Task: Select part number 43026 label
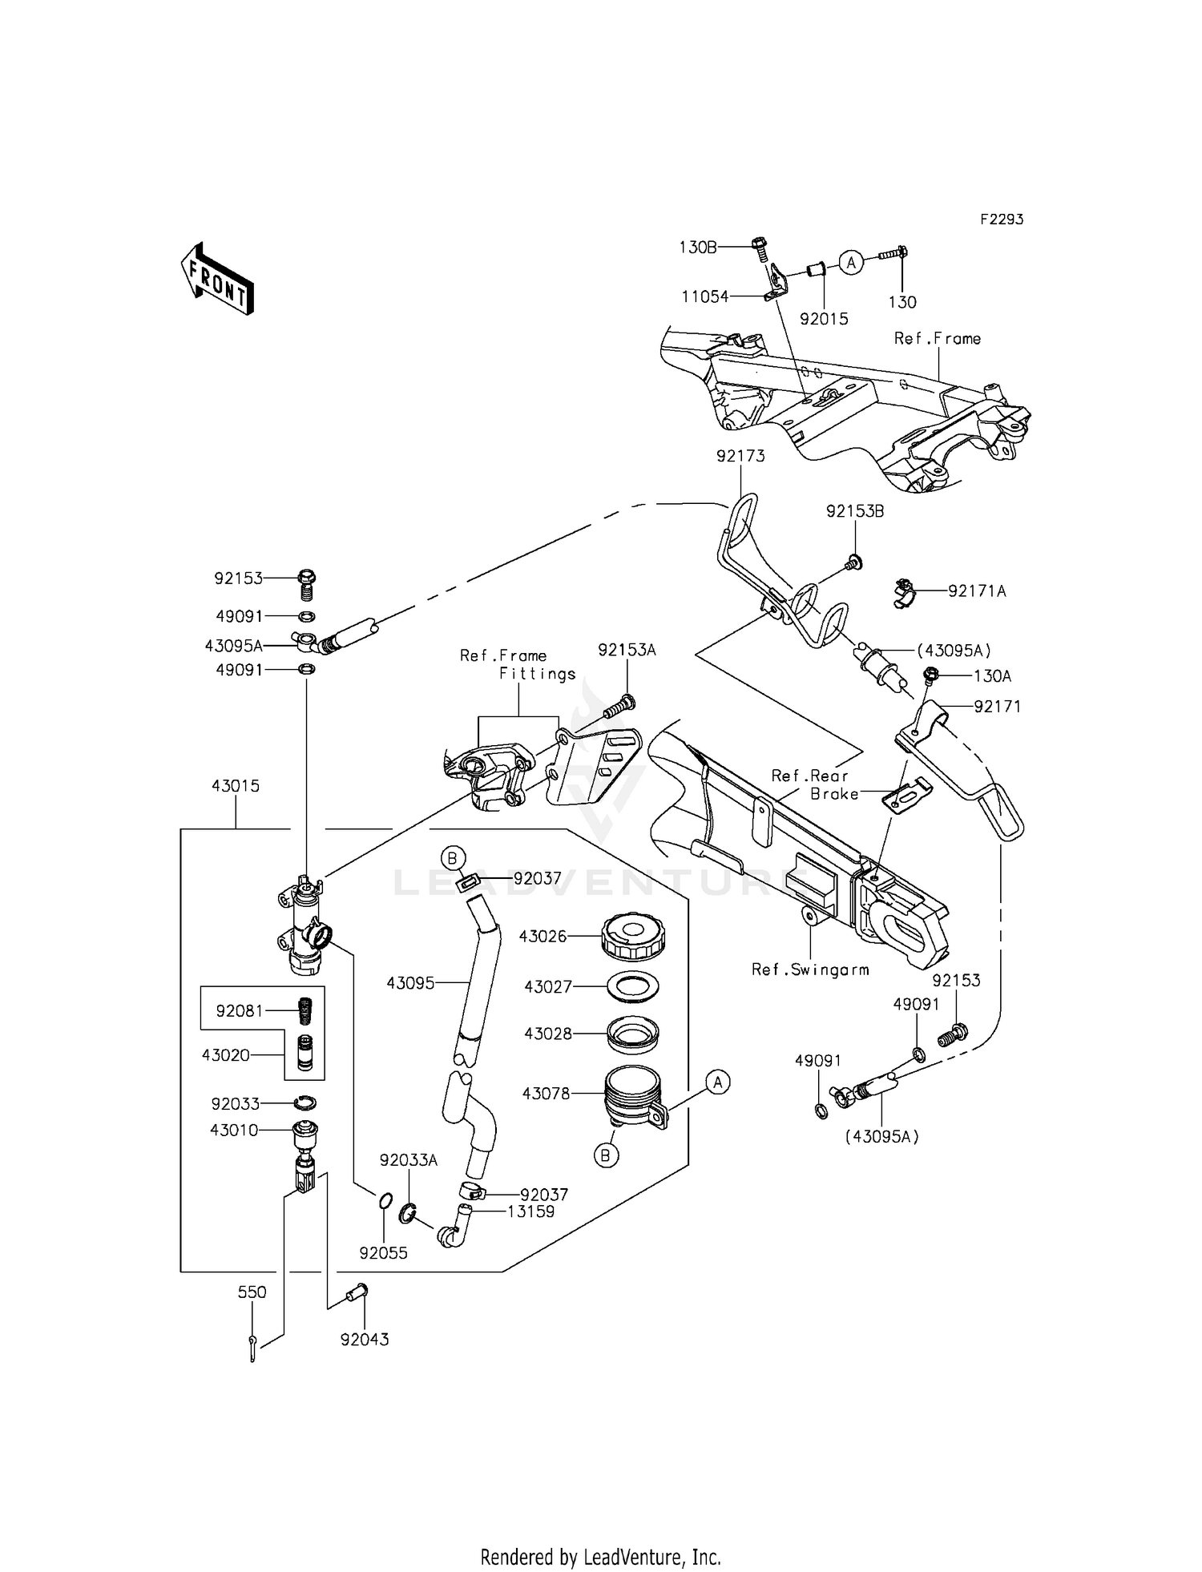(x=543, y=936)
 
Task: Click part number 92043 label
(x=365, y=1340)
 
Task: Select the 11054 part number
(x=705, y=296)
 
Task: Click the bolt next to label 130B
(x=760, y=249)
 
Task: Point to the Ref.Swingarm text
(x=810, y=969)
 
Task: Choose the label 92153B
(x=855, y=511)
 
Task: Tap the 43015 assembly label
(x=236, y=786)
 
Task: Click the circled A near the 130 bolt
(x=852, y=262)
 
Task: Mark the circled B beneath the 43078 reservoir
(x=607, y=1155)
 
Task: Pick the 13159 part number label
(x=530, y=1211)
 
